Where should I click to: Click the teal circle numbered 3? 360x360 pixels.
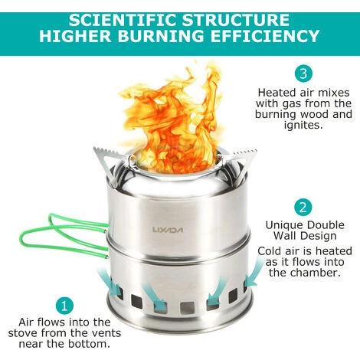click(x=303, y=74)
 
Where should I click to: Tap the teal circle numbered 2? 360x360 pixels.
click(x=303, y=207)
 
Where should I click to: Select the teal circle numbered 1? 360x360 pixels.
click(x=64, y=305)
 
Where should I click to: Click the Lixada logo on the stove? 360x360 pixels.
click(x=168, y=230)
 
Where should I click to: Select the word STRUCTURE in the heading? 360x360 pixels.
click(x=236, y=21)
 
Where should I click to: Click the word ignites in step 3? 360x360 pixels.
click(x=303, y=125)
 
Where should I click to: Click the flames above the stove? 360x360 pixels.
click(x=171, y=115)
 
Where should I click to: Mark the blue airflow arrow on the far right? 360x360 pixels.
click(x=254, y=275)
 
